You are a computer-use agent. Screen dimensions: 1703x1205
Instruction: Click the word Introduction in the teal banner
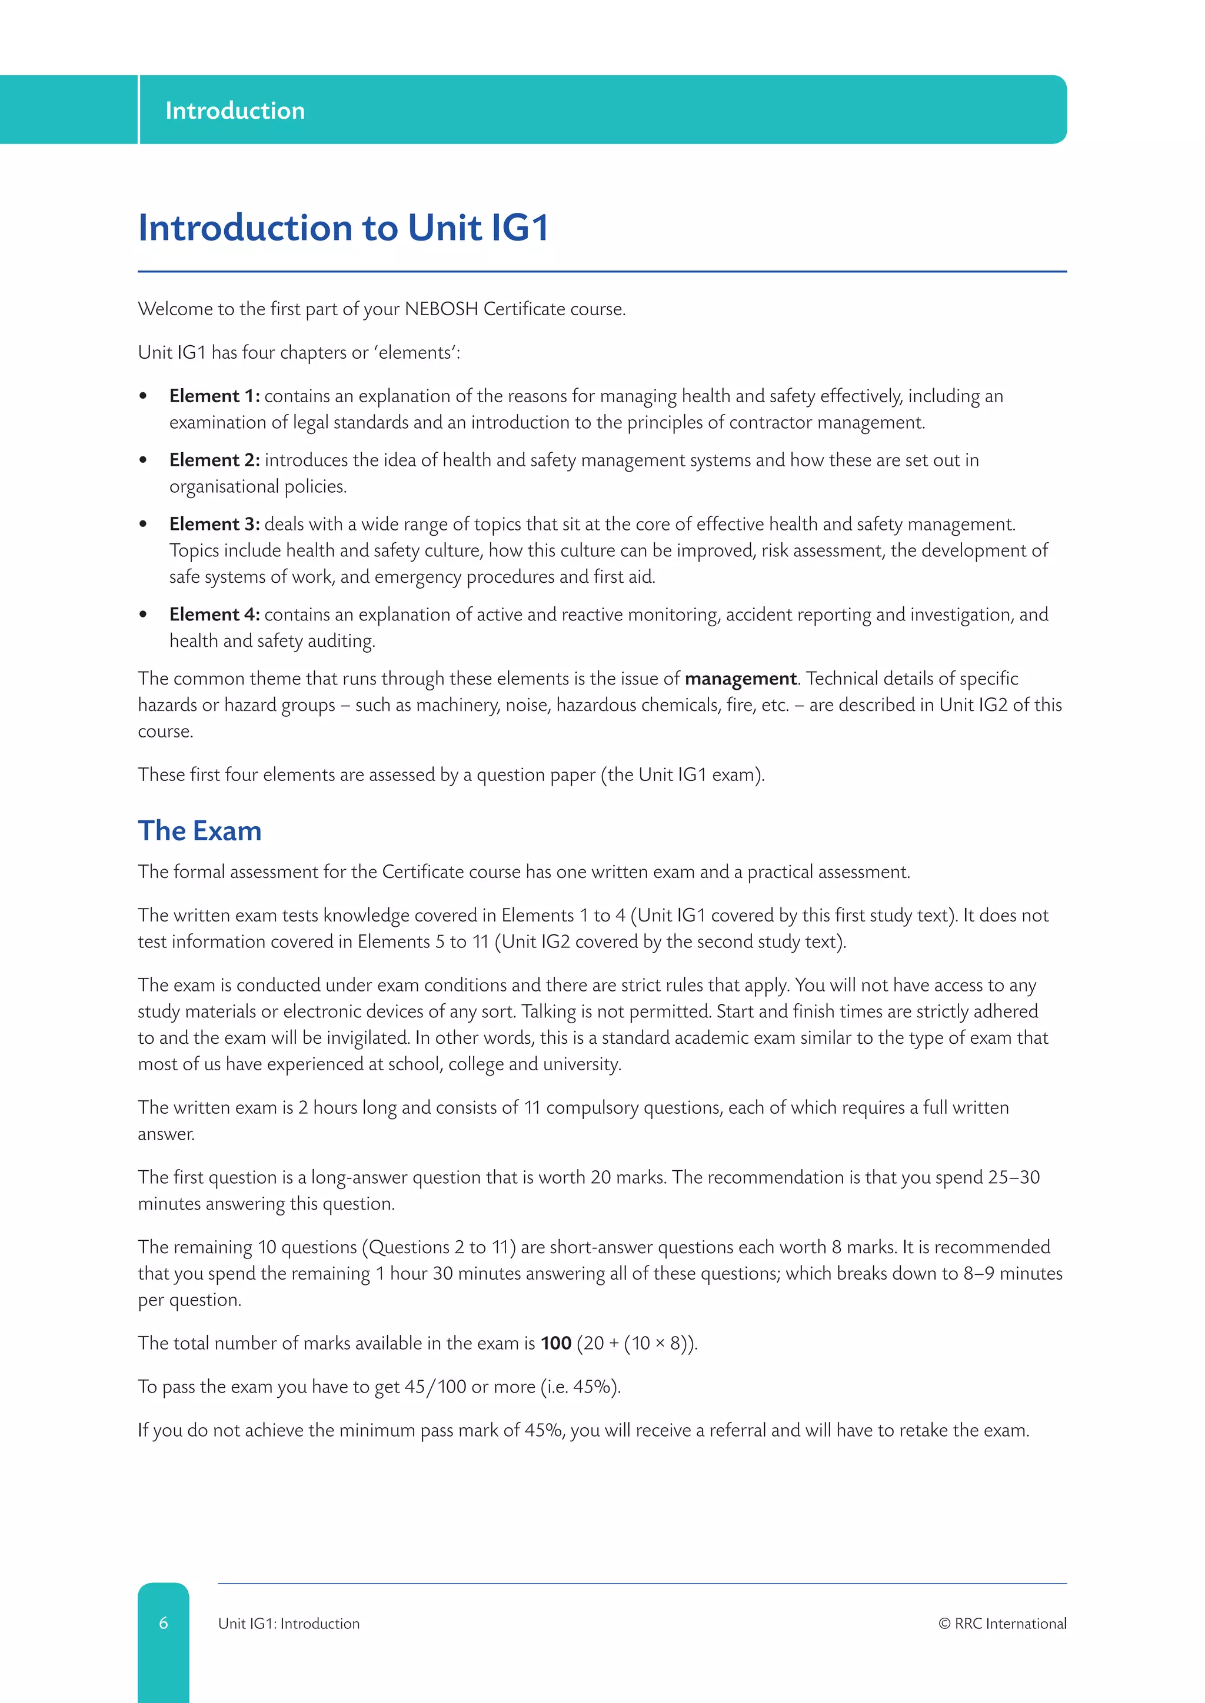pyautogui.click(x=235, y=111)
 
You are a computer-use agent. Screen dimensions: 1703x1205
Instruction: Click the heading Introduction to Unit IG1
pyautogui.click(x=343, y=227)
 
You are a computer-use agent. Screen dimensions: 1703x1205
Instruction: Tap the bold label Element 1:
pyautogui.click(x=214, y=396)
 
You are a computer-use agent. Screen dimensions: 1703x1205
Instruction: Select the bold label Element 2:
pyautogui.click(x=214, y=460)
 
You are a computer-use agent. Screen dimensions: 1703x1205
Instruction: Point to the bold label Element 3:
pyautogui.click(x=214, y=523)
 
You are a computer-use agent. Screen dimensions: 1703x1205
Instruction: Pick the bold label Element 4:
pyautogui.click(x=214, y=614)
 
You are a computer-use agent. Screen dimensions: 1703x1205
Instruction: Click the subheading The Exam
pyautogui.click(x=199, y=831)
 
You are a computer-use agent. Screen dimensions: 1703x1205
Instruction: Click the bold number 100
pyautogui.click(x=556, y=1343)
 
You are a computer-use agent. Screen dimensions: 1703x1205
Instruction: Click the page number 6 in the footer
pyautogui.click(x=163, y=1623)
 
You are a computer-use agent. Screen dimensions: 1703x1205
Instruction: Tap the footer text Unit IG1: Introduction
pyautogui.click(x=289, y=1624)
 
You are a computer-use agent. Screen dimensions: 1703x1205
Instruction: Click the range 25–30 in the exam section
pyautogui.click(x=1014, y=1177)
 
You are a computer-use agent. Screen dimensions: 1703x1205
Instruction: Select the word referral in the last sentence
pyautogui.click(x=738, y=1430)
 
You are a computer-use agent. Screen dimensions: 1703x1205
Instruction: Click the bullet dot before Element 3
pyautogui.click(x=143, y=525)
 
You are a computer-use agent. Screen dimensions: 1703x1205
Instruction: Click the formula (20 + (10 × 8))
pyautogui.click(x=637, y=1343)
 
